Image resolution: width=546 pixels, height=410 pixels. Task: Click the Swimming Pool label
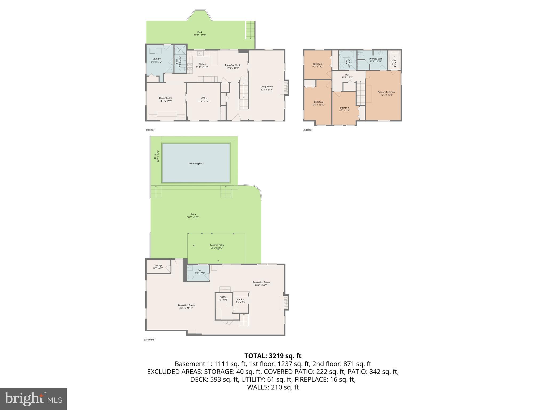pos(196,163)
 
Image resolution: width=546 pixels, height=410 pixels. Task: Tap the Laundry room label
pos(156,59)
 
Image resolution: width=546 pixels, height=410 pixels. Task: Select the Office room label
pos(204,98)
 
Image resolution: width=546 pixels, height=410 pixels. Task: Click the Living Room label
pos(267,86)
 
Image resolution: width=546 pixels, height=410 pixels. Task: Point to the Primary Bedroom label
pos(386,92)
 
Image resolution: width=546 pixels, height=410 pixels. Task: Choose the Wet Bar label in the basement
pos(240,299)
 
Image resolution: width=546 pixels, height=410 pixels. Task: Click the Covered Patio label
pos(217,245)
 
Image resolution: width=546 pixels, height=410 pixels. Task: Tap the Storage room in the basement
pos(158,266)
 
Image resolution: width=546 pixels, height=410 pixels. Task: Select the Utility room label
pos(223,297)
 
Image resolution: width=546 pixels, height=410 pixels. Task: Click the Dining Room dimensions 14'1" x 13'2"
pos(165,101)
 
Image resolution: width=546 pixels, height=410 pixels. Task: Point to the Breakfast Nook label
pos(232,65)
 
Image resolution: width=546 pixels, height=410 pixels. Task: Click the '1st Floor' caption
pos(150,130)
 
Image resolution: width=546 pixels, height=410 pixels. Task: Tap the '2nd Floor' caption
pos(307,130)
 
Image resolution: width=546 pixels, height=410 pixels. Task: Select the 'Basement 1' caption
pos(150,340)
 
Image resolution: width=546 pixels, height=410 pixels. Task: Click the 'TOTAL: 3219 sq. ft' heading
pos(273,356)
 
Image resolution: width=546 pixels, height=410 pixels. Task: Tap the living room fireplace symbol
pos(286,88)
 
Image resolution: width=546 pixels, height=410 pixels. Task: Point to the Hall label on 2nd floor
pos(347,75)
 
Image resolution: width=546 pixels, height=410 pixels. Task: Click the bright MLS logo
pos(33,399)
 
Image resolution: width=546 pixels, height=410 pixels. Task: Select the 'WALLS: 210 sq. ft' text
pos(273,387)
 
